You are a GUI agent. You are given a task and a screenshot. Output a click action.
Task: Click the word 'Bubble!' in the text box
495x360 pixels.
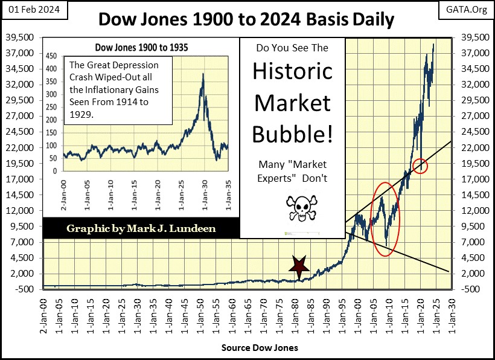pos(293,133)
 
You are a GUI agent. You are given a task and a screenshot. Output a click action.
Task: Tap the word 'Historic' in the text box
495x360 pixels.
pos(293,71)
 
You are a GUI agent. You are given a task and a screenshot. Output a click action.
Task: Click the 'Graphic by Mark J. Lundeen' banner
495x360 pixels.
pos(141,229)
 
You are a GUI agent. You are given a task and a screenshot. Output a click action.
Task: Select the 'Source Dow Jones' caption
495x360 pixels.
pos(260,348)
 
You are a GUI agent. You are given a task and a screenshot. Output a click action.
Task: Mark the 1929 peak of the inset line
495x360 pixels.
pos(202,74)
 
